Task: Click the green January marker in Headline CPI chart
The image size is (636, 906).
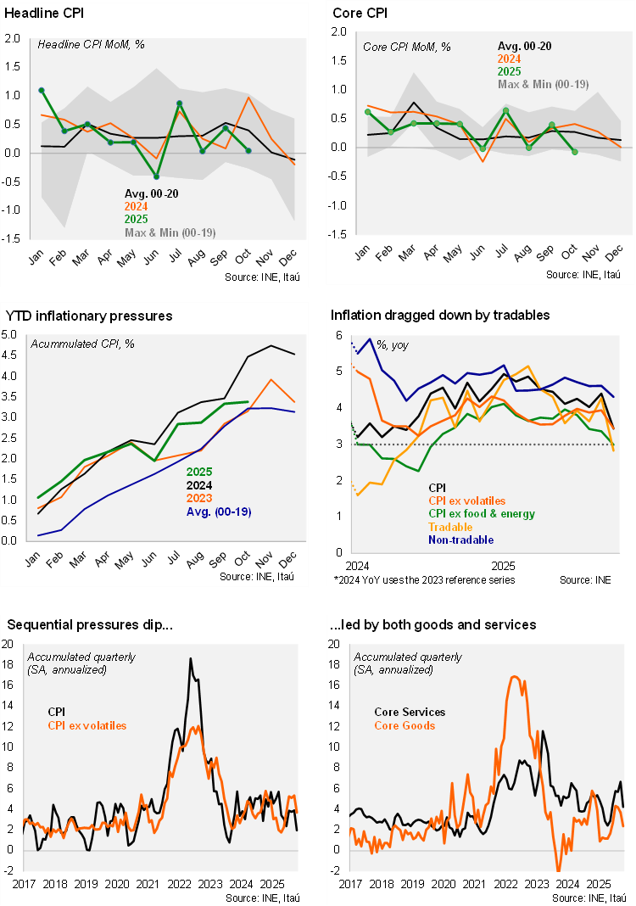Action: tap(42, 90)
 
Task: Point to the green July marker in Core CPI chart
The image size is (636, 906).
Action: tap(505, 110)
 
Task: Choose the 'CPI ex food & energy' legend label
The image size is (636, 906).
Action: tap(482, 514)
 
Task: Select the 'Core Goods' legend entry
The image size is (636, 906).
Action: tap(404, 725)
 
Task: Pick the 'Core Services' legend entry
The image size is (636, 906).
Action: tap(410, 713)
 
